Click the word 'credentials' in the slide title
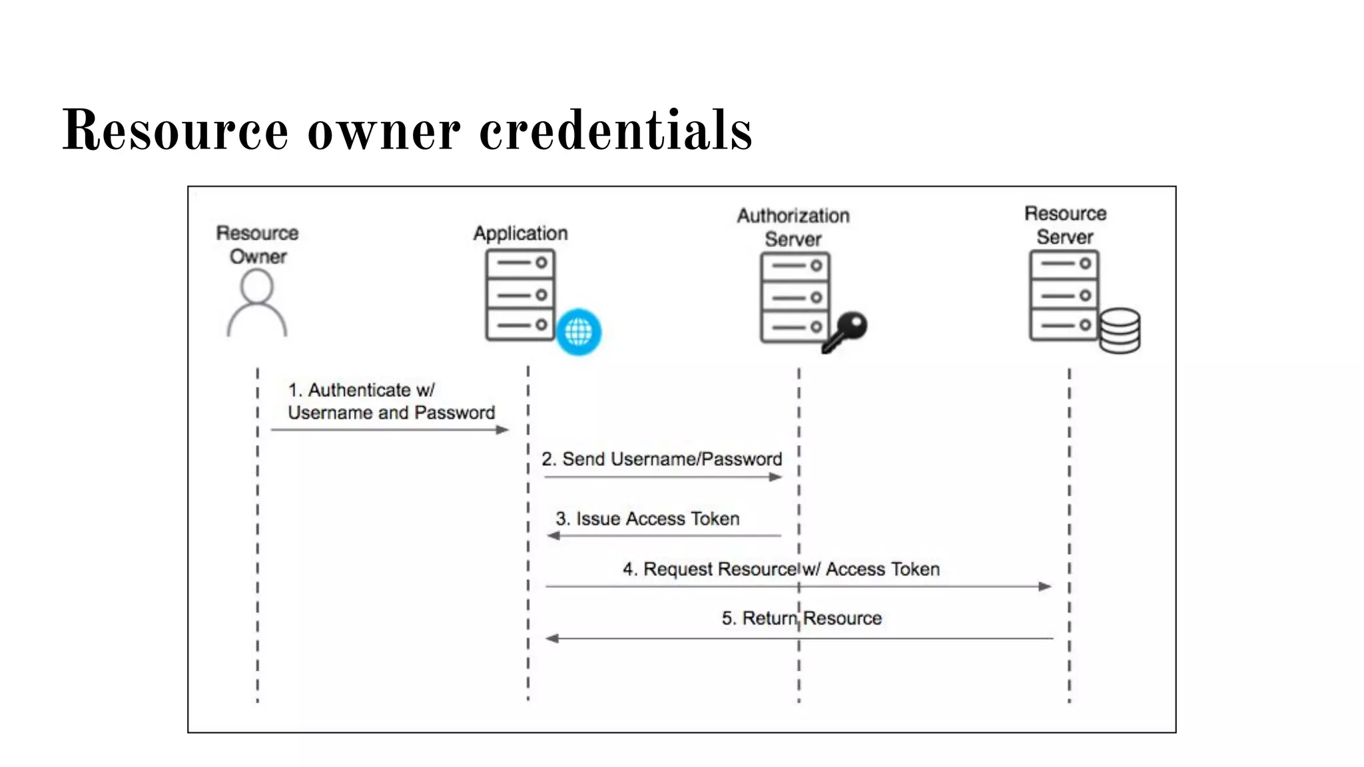coord(616,130)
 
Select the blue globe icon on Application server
coord(578,332)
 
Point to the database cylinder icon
coord(1120,330)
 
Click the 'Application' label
coord(520,233)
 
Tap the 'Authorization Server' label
coord(793,227)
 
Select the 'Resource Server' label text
coord(1065,225)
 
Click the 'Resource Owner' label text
coord(258,244)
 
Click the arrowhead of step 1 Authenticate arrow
coord(503,430)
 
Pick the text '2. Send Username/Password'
coord(661,459)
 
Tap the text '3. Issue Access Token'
coord(647,519)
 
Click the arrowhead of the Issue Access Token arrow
coord(553,535)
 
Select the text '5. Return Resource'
coord(801,618)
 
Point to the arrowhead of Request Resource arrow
coord(1045,587)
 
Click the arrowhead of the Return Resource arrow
coord(552,639)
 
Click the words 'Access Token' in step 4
coord(882,569)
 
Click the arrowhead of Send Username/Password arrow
coord(775,477)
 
